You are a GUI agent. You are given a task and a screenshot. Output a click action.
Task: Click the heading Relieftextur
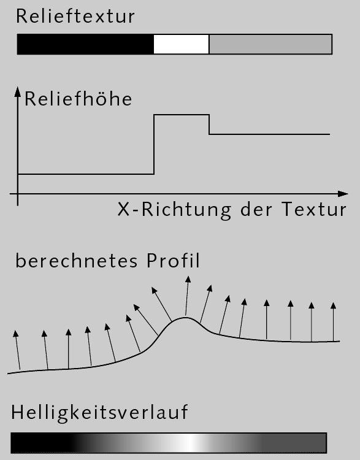point(75,16)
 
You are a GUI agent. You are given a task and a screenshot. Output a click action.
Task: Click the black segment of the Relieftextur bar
point(85,44)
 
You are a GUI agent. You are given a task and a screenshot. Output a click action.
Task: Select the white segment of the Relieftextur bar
point(182,44)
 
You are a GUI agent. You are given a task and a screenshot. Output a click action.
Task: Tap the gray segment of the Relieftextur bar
point(270,44)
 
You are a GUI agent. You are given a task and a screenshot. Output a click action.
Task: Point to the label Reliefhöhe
point(79,99)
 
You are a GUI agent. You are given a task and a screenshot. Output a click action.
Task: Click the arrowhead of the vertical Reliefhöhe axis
point(18,91)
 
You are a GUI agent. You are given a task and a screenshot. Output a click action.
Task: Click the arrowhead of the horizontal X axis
point(343,194)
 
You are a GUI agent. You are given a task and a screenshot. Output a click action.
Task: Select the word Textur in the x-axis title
point(314,210)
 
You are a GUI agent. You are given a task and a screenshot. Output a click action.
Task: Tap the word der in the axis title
point(256,210)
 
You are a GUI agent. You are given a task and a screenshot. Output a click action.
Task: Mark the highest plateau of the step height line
point(182,115)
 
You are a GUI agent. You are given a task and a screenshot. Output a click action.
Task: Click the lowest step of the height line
point(86,174)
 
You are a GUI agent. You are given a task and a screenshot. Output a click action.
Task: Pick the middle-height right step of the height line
point(269,134)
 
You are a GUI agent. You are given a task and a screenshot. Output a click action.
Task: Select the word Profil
point(173,260)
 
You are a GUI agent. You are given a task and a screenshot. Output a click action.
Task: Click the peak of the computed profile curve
point(185,318)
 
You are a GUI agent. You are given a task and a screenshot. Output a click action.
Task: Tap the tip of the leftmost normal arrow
point(15,331)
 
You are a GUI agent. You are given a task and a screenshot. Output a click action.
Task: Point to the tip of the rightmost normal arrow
point(333,303)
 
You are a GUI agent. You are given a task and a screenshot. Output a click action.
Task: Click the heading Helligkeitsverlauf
point(99,413)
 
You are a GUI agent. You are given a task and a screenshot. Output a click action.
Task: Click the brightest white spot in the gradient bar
point(191,442)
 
